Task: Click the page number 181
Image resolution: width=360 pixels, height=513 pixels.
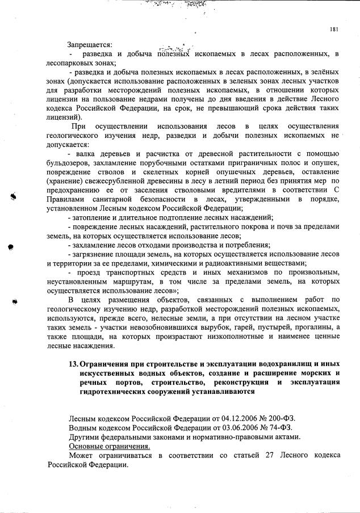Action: pyautogui.click(x=334, y=30)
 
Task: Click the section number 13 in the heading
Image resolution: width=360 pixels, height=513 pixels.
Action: pyautogui.click(x=72, y=364)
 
